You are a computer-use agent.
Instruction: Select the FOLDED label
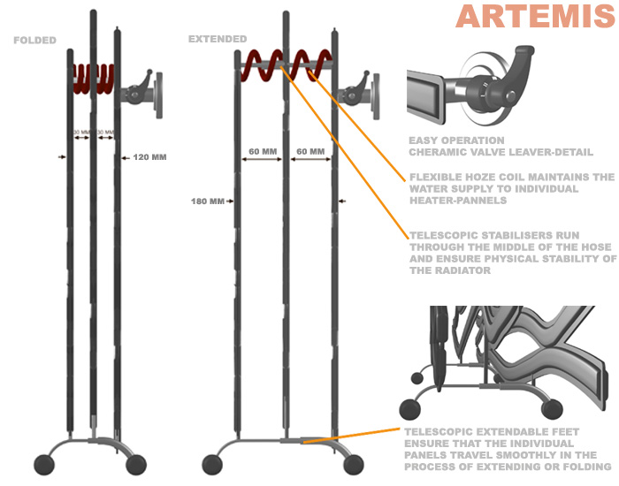point(35,41)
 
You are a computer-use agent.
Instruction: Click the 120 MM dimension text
point(149,157)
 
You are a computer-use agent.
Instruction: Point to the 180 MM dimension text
point(205,201)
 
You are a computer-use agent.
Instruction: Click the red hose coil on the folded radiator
point(95,78)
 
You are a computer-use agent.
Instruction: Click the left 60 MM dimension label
point(263,152)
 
